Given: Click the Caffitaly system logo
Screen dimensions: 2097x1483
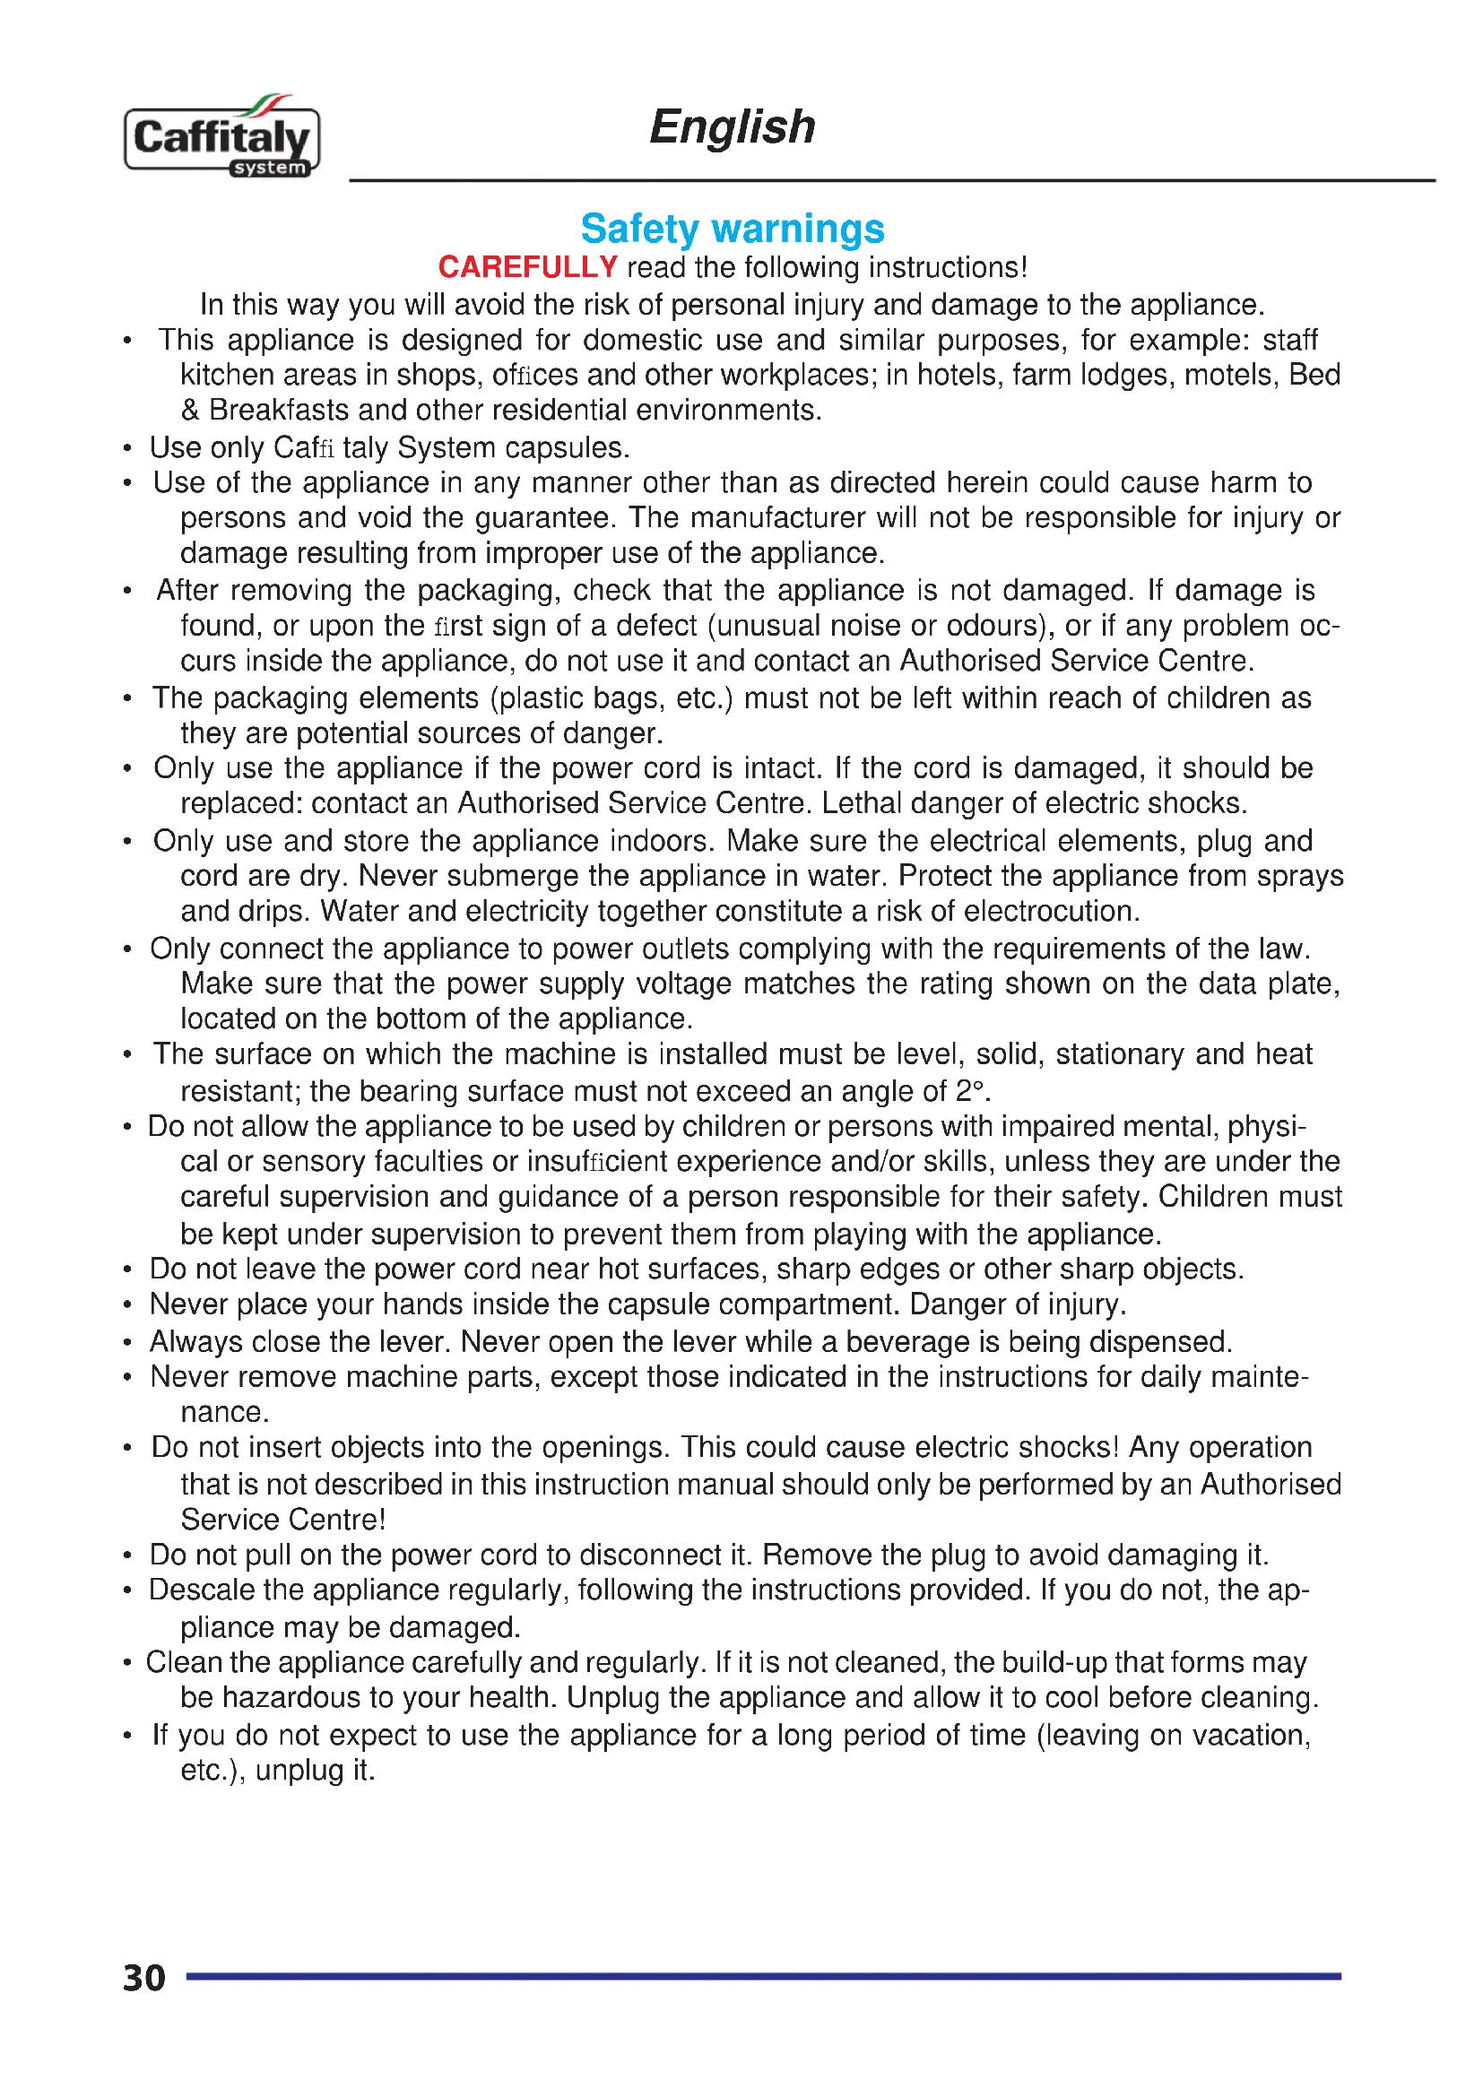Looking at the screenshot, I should tap(221, 138).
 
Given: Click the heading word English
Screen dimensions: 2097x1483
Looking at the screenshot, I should tap(732, 127).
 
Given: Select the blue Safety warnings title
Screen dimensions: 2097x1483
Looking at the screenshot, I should tap(733, 229).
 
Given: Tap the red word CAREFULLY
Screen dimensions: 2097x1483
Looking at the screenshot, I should tap(528, 267).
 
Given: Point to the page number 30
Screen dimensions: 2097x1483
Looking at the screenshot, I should tap(144, 1979).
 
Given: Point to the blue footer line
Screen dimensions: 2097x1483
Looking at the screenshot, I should tap(762, 1977).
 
